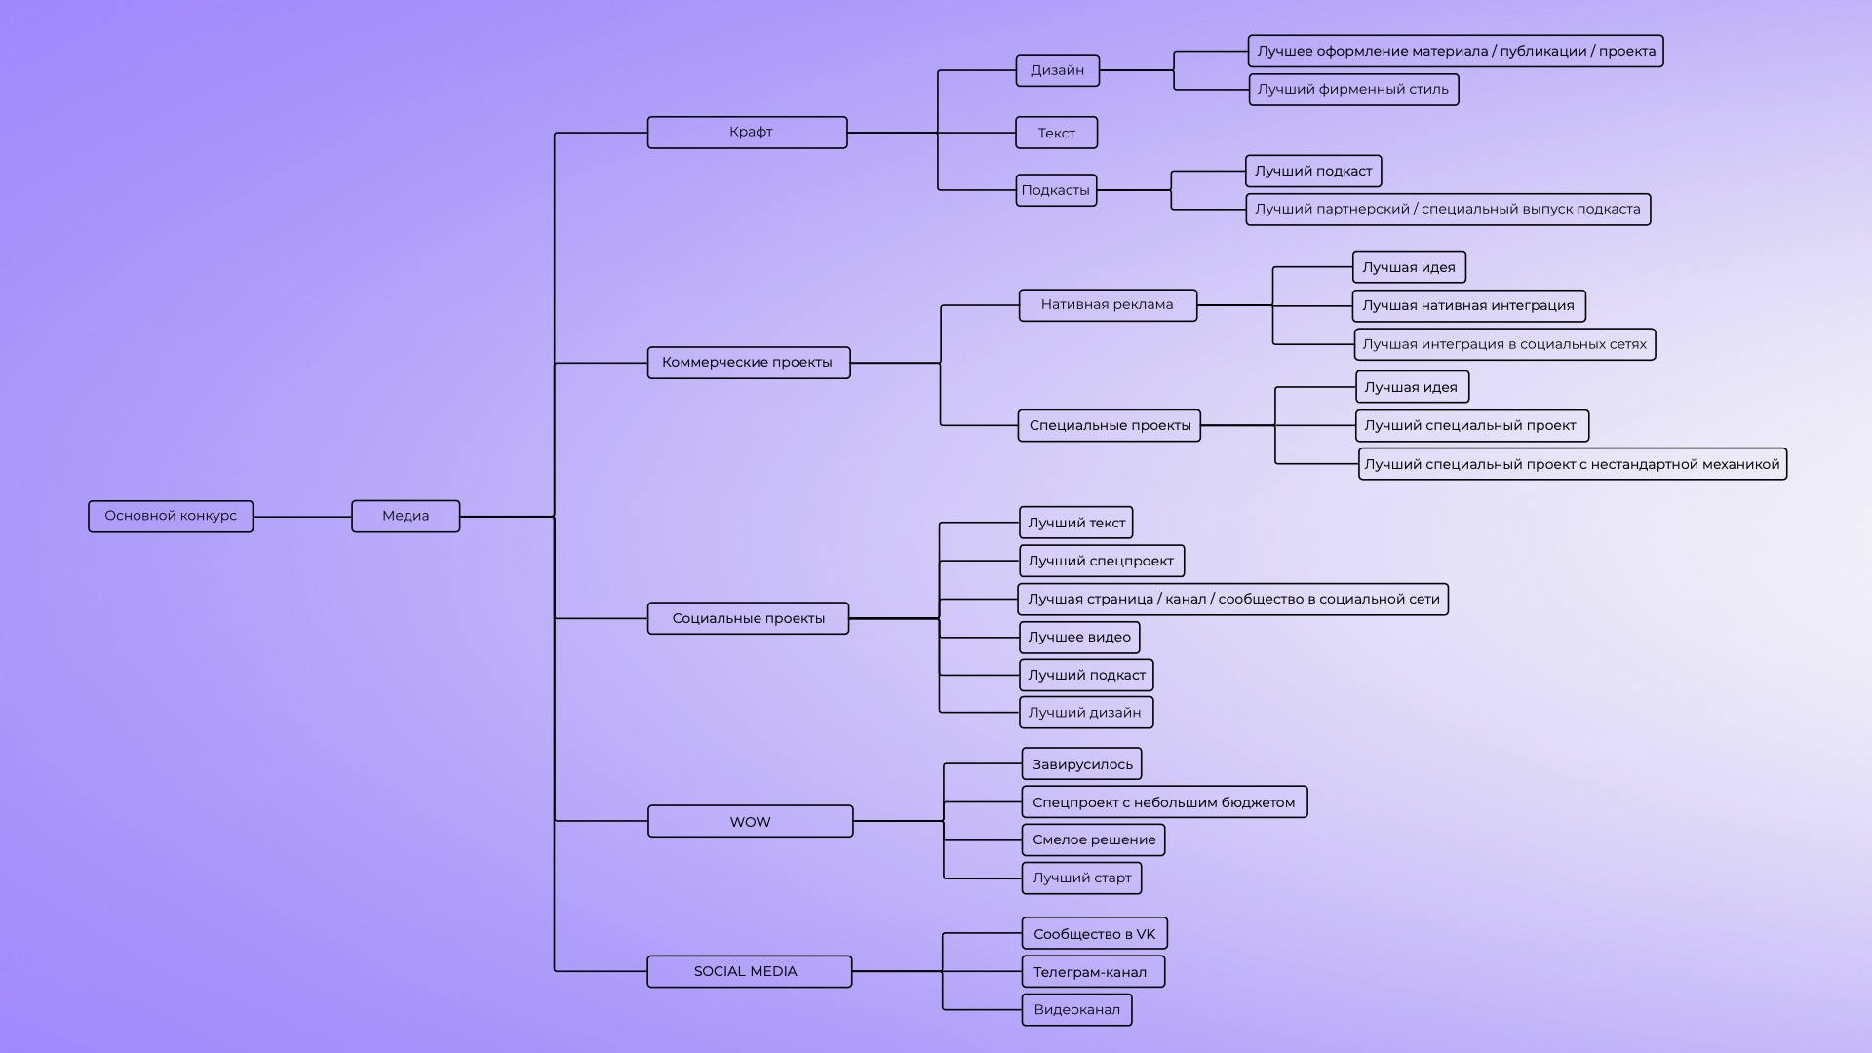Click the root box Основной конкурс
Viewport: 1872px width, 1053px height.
coord(171,516)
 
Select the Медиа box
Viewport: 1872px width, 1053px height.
coord(406,516)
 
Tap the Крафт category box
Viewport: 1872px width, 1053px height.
coord(748,133)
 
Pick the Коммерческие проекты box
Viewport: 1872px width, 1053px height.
coord(748,363)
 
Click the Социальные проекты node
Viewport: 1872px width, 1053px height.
coord(748,618)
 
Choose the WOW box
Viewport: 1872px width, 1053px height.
coord(750,821)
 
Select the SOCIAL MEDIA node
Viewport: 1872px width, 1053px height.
coord(749,971)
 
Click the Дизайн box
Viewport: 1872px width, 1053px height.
coord(1057,70)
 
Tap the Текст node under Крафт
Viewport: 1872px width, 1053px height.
coord(1056,133)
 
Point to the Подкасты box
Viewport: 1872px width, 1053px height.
coord(1056,190)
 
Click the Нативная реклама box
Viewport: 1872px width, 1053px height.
coord(1108,305)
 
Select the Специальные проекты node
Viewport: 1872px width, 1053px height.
coord(1110,425)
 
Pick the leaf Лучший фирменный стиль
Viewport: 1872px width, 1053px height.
coord(1353,90)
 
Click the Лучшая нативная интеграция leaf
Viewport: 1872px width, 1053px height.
coord(1468,306)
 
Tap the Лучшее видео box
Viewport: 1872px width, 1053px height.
coord(1079,638)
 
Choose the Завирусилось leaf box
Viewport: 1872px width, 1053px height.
coord(1082,764)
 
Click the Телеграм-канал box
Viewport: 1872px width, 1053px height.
coord(1092,972)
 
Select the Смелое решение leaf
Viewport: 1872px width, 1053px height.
coord(1093,839)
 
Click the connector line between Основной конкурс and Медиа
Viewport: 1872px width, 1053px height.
coord(302,517)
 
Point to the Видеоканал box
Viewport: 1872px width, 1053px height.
coord(1076,1010)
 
